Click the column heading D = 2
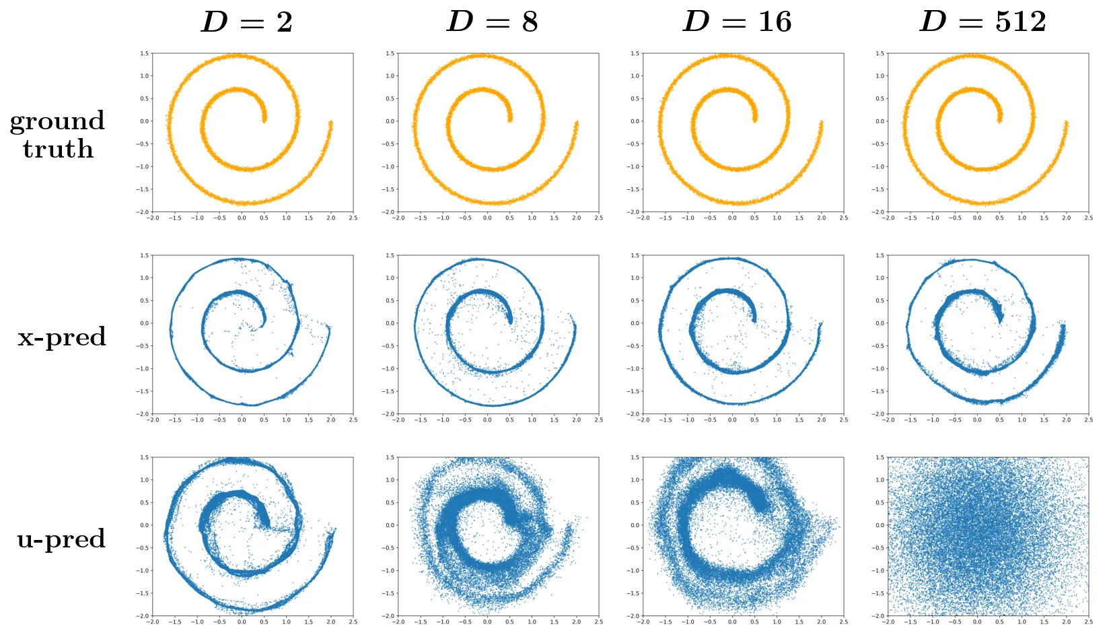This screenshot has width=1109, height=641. point(247,22)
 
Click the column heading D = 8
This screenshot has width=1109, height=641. point(493,22)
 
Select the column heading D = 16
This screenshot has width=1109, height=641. point(738,22)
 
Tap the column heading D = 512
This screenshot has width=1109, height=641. point(983,22)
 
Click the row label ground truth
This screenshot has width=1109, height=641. point(58,135)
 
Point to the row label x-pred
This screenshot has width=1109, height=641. point(62,337)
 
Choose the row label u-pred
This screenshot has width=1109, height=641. point(61,539)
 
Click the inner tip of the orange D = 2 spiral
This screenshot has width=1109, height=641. point(264,120)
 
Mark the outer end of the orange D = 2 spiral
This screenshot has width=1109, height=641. point(331,123)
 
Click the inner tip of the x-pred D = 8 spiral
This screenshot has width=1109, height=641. point(509,321)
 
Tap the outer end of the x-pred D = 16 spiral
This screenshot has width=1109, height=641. point(821,325)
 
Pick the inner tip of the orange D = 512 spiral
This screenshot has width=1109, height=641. point(999,120)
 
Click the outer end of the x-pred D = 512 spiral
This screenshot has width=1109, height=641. point(1064,327)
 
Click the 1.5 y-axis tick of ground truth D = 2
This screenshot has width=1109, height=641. point(145,53)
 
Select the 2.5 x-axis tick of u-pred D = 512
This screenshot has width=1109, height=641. point(1088,622)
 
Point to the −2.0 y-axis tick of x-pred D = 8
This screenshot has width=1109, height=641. point(389,414)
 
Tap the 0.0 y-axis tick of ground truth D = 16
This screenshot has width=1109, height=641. point(635,121)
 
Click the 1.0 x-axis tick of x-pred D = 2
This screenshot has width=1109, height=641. point(287,420)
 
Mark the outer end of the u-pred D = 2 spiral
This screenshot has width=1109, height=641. point(334,530)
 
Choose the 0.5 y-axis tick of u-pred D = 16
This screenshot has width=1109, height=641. point(635,503)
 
